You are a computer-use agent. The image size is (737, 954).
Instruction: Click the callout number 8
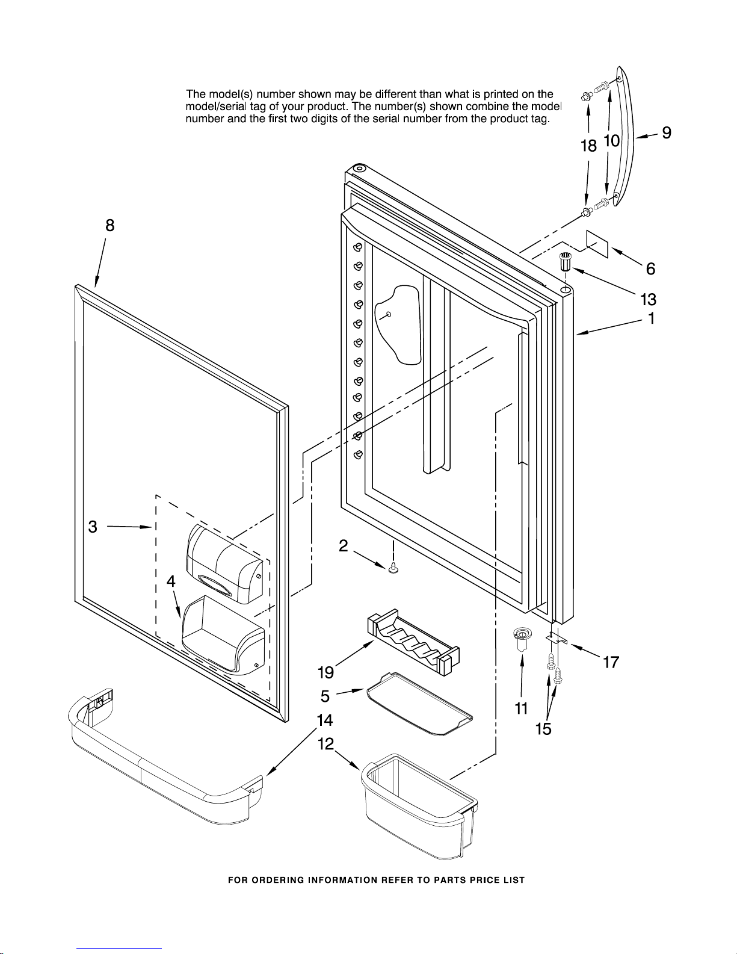[109, 226]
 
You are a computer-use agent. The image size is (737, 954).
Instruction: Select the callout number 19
[325, 672]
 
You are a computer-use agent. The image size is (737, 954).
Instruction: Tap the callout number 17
[611, 663]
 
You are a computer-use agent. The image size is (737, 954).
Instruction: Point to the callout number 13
[648, 299]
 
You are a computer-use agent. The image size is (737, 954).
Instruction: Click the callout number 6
[650, 269]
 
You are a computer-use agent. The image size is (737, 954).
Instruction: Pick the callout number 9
[667, 133]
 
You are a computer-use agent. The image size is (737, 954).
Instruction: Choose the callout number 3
[93, 527]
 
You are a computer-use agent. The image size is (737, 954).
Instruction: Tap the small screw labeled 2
[393, 568]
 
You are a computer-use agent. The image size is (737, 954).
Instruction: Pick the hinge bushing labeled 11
[521, 640]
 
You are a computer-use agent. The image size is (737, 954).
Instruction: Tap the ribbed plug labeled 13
[566, 262]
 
